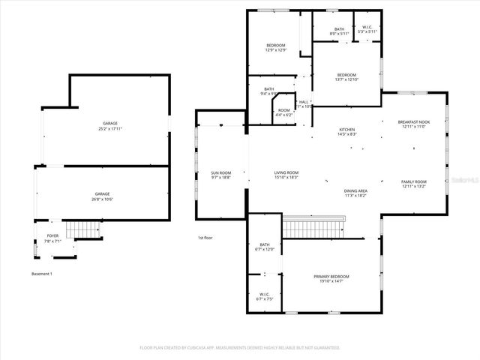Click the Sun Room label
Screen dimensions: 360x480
[x=220, y=175]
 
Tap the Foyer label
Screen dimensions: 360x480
[x=52, y=238]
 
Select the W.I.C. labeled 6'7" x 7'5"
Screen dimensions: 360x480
[x=264, y=296]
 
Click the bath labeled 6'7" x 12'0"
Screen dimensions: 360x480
[x=264, y=247]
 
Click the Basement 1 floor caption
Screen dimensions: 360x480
[x=42, y=274]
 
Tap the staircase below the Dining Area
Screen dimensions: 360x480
[x=314, y=226]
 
